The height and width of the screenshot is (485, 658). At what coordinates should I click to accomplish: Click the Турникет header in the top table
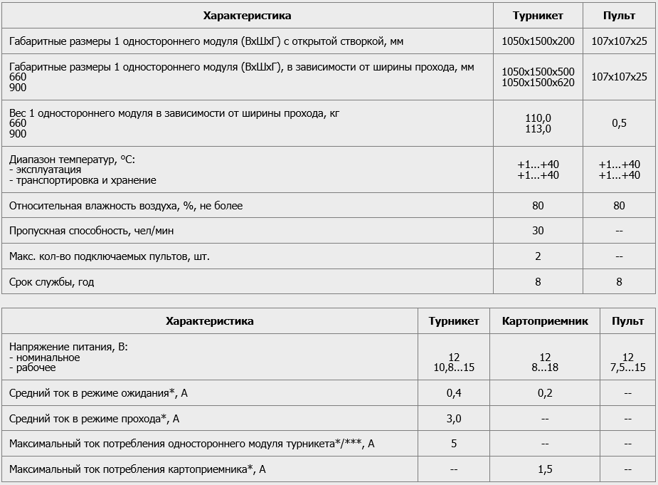click(538, 16)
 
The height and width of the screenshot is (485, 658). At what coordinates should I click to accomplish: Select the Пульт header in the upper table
click(619, 16)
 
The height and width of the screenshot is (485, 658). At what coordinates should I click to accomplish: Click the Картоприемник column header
click(545, 321)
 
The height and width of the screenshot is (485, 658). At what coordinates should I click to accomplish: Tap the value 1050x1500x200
click(538, 41)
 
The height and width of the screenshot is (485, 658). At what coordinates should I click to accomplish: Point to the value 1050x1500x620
click(538, 83)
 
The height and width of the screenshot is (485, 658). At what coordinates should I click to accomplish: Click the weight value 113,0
click(538, 129)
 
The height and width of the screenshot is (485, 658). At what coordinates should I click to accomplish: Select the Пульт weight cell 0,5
click(619, 123)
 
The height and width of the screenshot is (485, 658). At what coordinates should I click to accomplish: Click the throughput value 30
click(538, 231)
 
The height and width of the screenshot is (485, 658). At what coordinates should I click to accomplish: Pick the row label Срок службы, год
click(52, 282)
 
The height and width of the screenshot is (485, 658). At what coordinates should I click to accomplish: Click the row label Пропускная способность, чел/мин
click(92, 231)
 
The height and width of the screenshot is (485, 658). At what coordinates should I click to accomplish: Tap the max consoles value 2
click(538, 256)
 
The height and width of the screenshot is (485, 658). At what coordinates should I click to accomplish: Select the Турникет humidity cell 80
click(538, 206)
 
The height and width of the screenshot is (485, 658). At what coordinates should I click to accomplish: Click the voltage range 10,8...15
click(454, 367)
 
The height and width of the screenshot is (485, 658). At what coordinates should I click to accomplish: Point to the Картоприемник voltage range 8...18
click(545, 367)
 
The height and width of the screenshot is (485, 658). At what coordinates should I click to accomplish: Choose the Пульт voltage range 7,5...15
click(627, 367)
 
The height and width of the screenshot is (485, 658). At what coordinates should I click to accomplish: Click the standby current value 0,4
click(454, 393)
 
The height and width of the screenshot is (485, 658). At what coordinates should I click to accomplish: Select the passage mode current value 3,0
click(454, 419)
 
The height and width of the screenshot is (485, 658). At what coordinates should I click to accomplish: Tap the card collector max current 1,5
click(545, 469)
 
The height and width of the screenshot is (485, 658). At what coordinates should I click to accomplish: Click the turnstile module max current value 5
click(454, 444)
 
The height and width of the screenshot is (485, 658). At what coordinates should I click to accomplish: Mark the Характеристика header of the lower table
click(209, 321)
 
